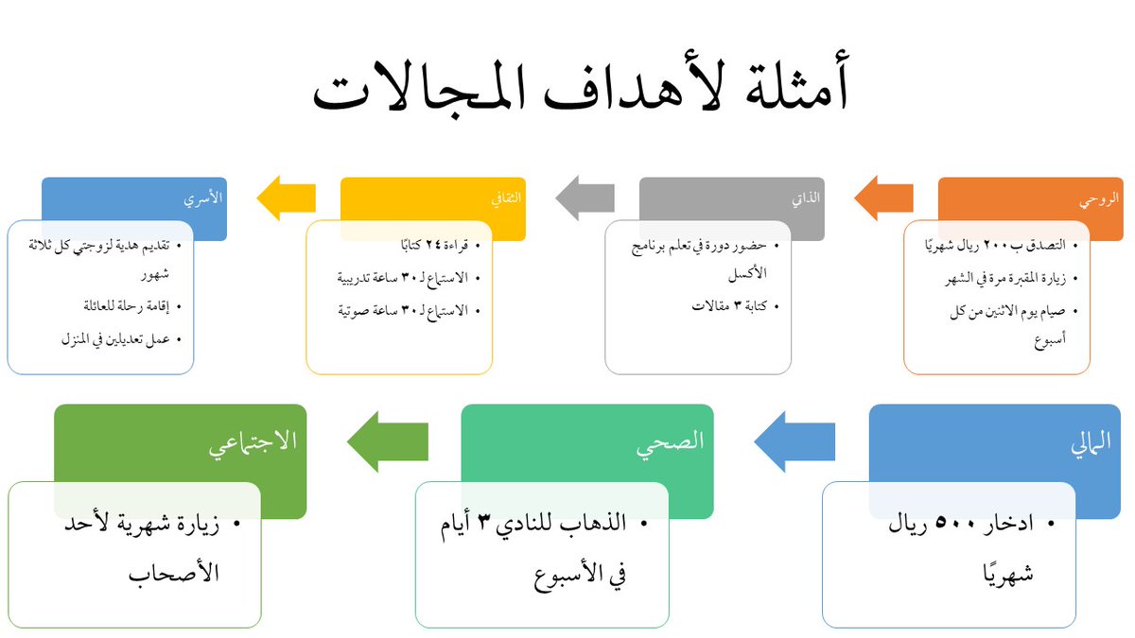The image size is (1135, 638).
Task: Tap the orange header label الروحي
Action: click(x=1098, y=200)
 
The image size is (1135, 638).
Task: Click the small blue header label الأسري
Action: click(x=204, y=200)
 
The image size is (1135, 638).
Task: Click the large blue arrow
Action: click(x=794, y=441)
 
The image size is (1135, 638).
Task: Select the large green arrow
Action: click(x=387, y=441)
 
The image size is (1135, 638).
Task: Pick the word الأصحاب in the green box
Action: click(x=174, y=572)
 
